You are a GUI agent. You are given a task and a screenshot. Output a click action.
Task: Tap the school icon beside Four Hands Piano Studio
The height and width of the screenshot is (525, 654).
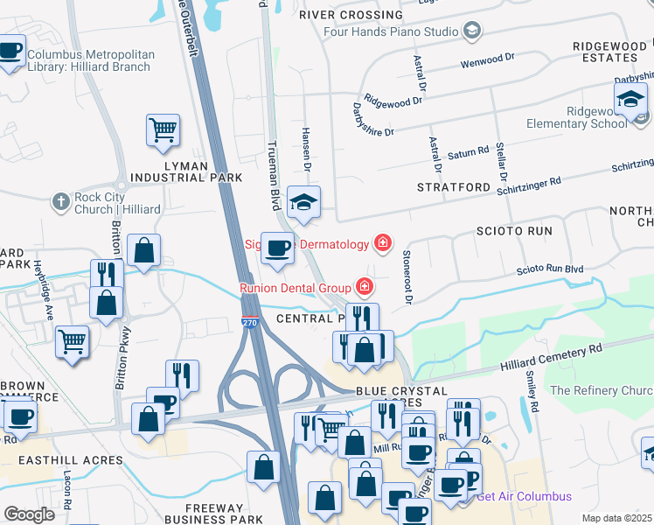(x=473, y=31)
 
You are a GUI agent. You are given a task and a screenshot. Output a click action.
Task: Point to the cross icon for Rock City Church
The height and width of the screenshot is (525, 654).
(x=60, y=202)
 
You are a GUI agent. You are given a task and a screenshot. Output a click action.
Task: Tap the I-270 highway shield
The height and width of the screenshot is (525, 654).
(x=250, y=322)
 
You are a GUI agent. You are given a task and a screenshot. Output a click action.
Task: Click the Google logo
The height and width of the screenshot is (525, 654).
(x=29, y=514)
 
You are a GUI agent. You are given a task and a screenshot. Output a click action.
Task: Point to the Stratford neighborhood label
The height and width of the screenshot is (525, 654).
(x=454, y=187)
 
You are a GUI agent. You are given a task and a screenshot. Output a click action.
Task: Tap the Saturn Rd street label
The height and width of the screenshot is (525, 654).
(x=468, y=154)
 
